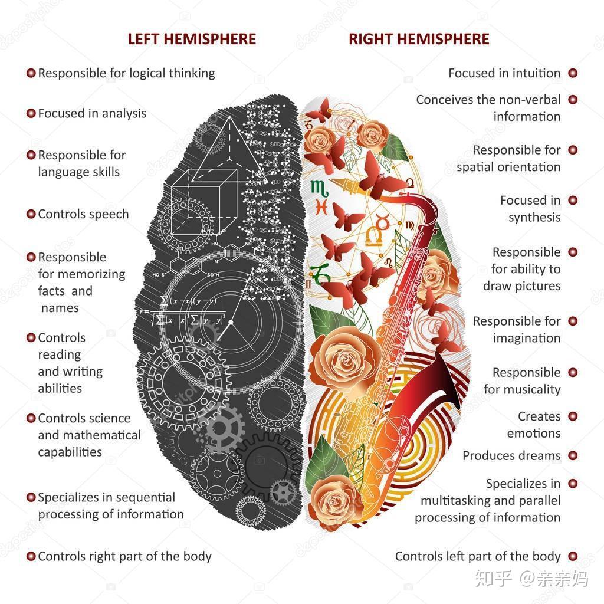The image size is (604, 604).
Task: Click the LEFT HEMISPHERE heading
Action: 192,40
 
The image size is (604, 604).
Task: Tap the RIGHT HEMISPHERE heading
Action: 419,40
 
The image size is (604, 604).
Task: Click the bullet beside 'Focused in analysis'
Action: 31,113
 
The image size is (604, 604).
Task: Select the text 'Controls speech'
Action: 83,214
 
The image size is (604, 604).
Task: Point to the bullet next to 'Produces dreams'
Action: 572,455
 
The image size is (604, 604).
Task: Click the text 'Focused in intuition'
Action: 504,73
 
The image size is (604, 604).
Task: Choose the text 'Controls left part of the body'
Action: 478,556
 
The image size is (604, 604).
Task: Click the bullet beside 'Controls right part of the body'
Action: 31,556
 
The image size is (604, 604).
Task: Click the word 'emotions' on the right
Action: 534,433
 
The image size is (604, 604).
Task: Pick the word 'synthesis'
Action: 534,217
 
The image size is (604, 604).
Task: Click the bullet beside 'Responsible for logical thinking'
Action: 31,73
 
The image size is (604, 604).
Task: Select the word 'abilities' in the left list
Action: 60,388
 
